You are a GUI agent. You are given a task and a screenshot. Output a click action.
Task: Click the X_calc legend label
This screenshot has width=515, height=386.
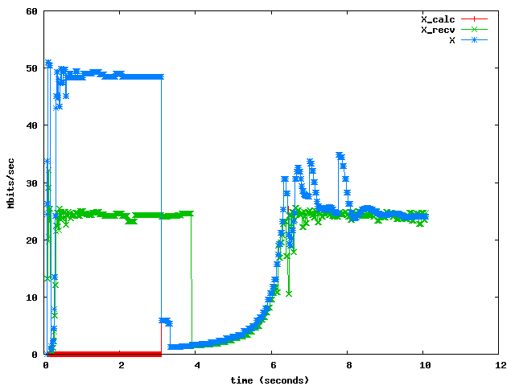pyautogui.click(x=438, y=19)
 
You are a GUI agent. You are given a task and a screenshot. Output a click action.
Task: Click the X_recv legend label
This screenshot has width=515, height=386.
pyautogui.click(x=438, y=30)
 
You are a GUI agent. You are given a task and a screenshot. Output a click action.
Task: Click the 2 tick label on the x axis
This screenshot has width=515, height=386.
pyautogui.click(x=122, y=365)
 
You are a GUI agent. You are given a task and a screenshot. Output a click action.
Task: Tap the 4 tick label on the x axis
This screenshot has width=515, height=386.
pyautogui.click(x=197, y=365)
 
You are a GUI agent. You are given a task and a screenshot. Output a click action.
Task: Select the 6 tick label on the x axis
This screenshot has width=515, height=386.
pyautogui.click(x=273, y=365)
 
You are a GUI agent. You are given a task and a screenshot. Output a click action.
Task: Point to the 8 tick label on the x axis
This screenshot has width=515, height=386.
pyautogui.click(x=348, y=365)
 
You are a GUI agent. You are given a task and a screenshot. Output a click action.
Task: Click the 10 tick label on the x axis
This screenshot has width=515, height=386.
pyautogui.click(x=424, y=365)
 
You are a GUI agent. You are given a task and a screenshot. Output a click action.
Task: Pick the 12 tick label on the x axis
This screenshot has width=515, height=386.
pyautogui.click(x=500, y=365)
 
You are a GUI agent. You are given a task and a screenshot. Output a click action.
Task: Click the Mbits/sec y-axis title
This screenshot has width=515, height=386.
pyautogui.click(x=11, y=183)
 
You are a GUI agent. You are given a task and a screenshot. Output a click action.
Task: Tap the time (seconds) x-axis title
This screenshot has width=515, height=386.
pyautogui.click(x=270, y=380)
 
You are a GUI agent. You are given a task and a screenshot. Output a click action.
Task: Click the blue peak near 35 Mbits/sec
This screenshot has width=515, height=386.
pyautogui.click(x=340, y=156)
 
